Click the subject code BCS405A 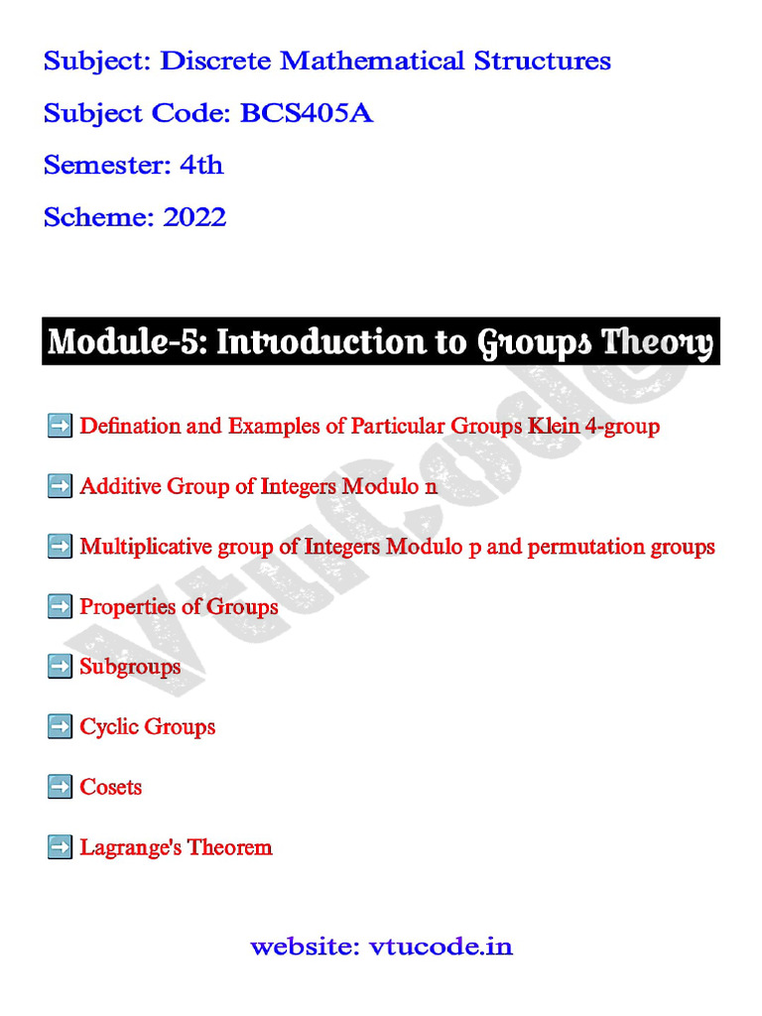pyautogui.click(x=307, y=114)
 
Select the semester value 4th pyautogui.click(x=201, y=166)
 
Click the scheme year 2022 pyautogui.click(x=194, y=217)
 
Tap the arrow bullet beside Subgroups pyautogui.click(x=60, y=667)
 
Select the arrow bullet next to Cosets pyautogui.click(x=60, y=787)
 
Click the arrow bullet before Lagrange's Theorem pyautogui.click(x=60, y=847)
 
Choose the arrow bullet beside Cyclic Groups pyautogui.click(x=60, y=727)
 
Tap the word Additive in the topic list pyautogui.click(x=120, y=487)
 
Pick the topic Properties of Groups pyautogui.click(x=179, y=606)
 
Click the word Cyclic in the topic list pyautogui.click(x=106, y=727)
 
